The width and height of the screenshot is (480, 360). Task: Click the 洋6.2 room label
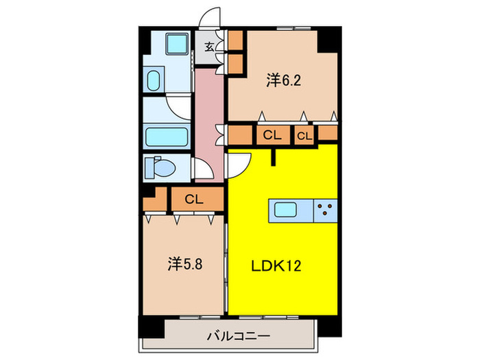click(284, 80)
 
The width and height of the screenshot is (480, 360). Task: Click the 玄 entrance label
click(208, 47)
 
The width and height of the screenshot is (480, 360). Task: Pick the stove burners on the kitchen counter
click(326, 208)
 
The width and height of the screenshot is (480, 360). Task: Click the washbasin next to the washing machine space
click(153, 80)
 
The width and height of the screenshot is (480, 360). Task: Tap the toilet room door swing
click(201, 169)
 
